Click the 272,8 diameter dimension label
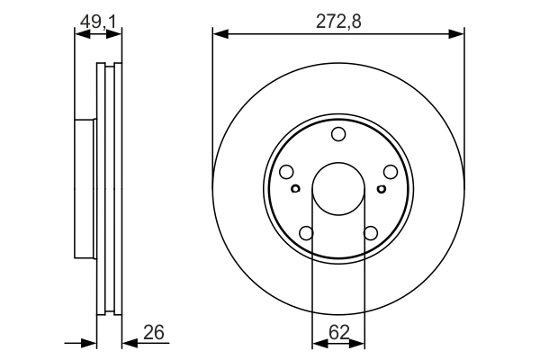(338, 22)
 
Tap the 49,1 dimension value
(98, 22)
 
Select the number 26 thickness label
(154, 332)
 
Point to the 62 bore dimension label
(339, 332)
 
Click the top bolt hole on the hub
(338, 134)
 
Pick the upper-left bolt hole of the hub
(286, 172)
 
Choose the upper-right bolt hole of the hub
(391, 172)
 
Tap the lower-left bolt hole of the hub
(307, 233)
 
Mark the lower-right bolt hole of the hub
(371, 233)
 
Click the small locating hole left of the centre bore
(296, 188)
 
